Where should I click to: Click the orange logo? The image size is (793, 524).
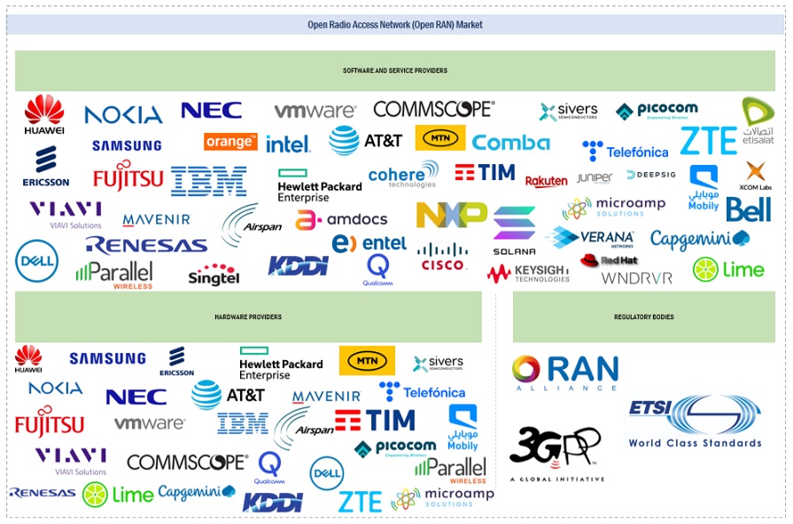click(230, 142)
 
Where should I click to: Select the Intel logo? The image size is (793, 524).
click(288, 143)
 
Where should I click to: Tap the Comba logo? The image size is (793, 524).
click(510, 142)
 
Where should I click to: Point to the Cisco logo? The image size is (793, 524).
click(442, 257)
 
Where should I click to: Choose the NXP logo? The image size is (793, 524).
click(452, 214)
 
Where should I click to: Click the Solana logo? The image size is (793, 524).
click(515, 231)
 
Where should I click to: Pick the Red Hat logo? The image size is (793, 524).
click(610, 261)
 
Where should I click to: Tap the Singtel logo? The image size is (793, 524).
click(214, 274)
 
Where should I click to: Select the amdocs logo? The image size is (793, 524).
click(342, 219)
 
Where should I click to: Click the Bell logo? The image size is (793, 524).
click(748, 210)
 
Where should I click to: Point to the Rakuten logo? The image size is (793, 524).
click(546, 181)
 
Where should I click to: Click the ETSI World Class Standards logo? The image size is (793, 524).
click(695, 422)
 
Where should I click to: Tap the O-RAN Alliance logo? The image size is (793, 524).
click(565, 372)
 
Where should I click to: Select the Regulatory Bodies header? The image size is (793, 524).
click(643, 317)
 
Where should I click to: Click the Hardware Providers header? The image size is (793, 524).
click(248, 317)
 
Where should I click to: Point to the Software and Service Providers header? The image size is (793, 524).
click(395, 70)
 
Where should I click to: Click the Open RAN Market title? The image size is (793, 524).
click(395, 25)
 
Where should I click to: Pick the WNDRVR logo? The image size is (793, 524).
click(636, 278)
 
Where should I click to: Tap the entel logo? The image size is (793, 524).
click(369, 243)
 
